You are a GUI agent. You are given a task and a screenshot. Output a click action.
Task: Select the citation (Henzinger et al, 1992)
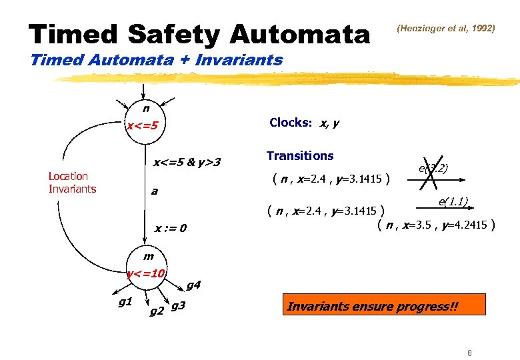click(x=446, y=29)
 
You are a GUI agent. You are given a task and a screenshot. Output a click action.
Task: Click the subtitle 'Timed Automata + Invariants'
click(x=157, y=60)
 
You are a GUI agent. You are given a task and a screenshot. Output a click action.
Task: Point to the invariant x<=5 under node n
click(x=143, y=125)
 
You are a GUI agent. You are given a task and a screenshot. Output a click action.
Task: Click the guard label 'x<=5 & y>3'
click(x=187, y=162)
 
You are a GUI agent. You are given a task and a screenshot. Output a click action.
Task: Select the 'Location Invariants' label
click(x=72, y=182)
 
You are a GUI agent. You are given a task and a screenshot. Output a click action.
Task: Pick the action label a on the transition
click(x=154, y=191)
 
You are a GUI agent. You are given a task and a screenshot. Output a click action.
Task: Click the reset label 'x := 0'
click(x=171, y=229)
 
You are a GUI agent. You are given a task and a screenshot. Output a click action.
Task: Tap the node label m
click(x=148, y=256)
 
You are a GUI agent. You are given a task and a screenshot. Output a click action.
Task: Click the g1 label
click(x=125, y=303)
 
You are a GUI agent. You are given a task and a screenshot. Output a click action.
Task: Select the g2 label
click(x=157, y=311)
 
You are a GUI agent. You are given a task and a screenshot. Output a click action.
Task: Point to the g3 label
click(x=179, y=307)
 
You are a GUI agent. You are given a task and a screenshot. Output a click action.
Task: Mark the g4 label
click(x=193, y=285)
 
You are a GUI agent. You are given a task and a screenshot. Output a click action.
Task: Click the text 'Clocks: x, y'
click(x=304, y=123)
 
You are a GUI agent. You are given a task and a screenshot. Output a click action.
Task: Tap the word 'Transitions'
click(x=300, y=156)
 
